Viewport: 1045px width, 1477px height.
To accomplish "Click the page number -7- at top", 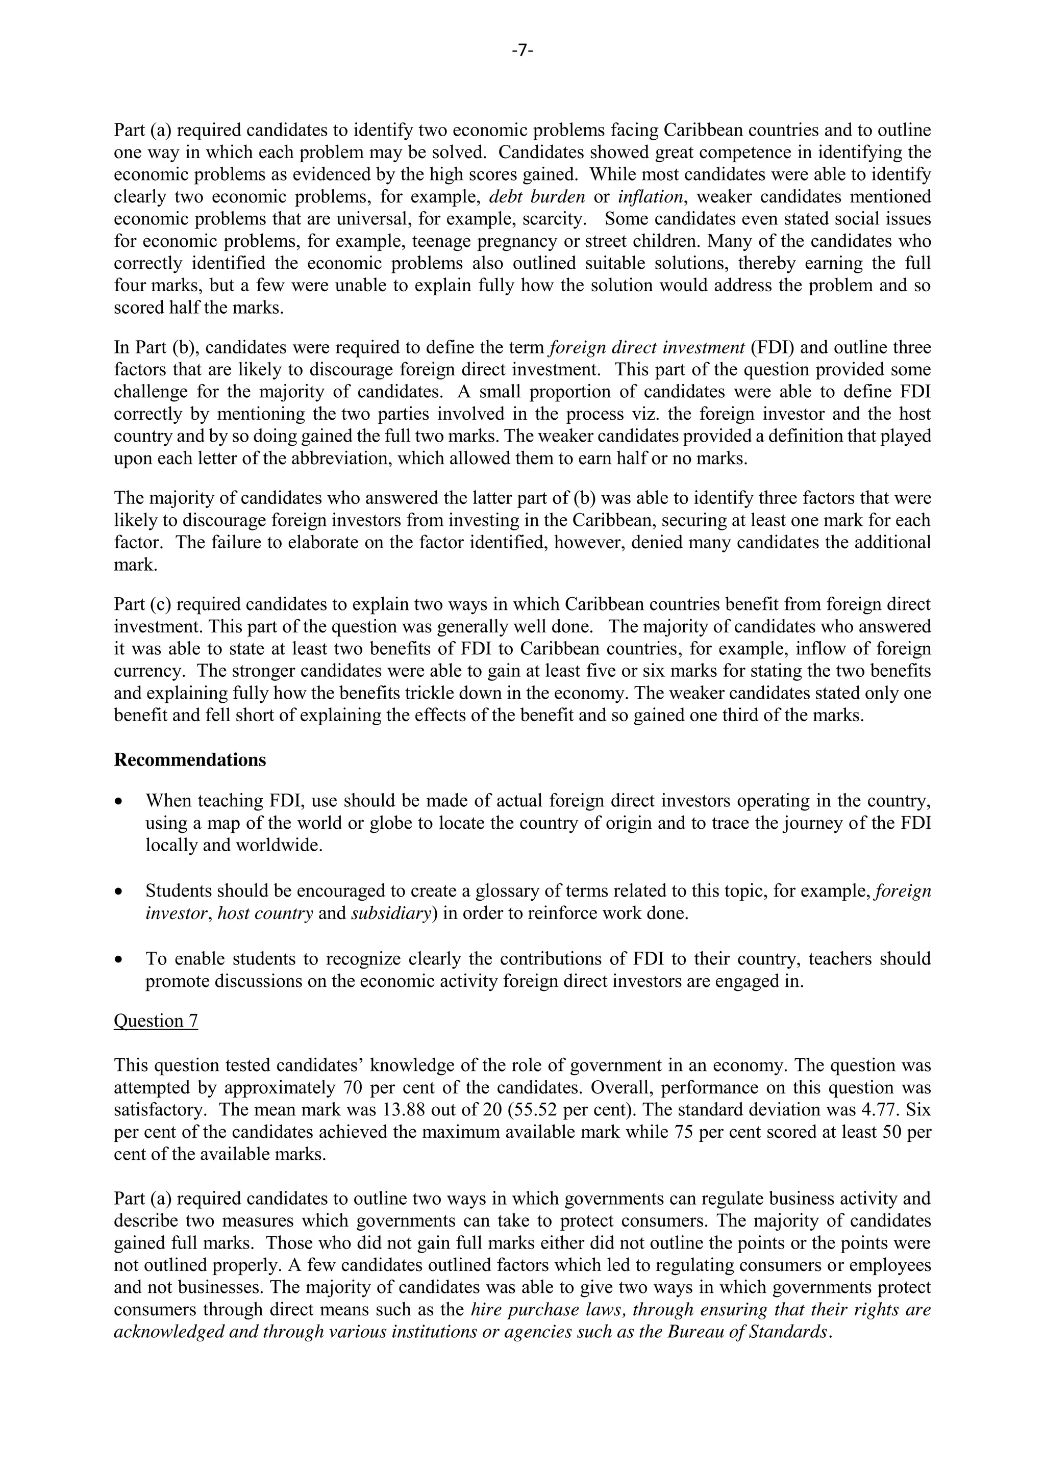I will tap(522, 51).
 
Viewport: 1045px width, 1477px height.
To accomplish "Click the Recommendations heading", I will tap(189, 760).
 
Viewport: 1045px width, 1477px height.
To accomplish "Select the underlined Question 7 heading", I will tap(156, 1021).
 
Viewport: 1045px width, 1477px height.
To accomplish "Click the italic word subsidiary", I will tap(390, 913).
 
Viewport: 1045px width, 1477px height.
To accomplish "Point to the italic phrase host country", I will tap(265, 913).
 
